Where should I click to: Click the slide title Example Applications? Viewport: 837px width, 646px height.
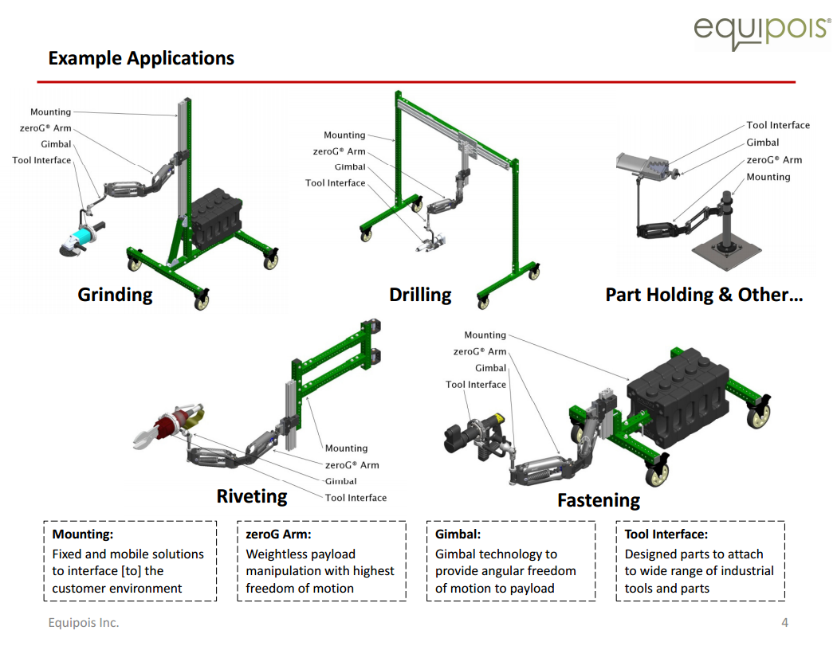[x=141, y=58]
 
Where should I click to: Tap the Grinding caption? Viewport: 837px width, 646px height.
[x=115, y=295]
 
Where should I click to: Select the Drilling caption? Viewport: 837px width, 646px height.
[x=420, y=295]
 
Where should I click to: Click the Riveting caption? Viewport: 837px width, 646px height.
[x=252, y=496]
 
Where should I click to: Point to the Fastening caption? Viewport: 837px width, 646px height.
[x=599, y=500]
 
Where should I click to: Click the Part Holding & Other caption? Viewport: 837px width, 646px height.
[x=704, y=295]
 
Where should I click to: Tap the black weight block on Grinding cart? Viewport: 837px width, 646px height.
[x=213, y=213]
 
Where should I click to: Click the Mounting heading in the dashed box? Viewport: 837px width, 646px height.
[x=83, y=534]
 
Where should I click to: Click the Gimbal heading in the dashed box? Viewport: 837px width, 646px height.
[x=458, y=534]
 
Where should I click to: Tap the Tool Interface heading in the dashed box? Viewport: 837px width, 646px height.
[x=666, y=534]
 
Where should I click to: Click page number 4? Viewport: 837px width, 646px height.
[x=784, y=623]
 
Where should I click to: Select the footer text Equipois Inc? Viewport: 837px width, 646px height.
[x=83, y=623]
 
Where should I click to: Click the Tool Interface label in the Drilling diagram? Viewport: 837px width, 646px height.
[x=335, y=183]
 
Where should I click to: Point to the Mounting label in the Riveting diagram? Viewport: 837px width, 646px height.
[x=346, y=448]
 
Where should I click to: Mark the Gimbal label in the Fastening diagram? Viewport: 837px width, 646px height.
[x=490, y=368]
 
